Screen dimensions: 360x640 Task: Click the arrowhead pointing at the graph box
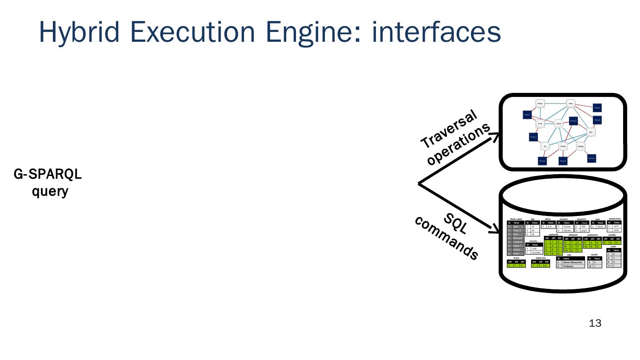[494, 137]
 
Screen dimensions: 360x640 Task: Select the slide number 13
[595, 324]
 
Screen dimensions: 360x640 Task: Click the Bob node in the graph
[591, 132]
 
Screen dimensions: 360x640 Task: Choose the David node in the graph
[559, 124]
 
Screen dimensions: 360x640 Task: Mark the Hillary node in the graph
[540, 103]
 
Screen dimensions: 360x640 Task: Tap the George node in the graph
[580, 146]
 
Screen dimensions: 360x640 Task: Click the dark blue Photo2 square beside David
[573, 121]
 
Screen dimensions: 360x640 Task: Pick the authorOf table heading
[553, 234]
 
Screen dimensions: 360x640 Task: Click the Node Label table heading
[516, 219]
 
